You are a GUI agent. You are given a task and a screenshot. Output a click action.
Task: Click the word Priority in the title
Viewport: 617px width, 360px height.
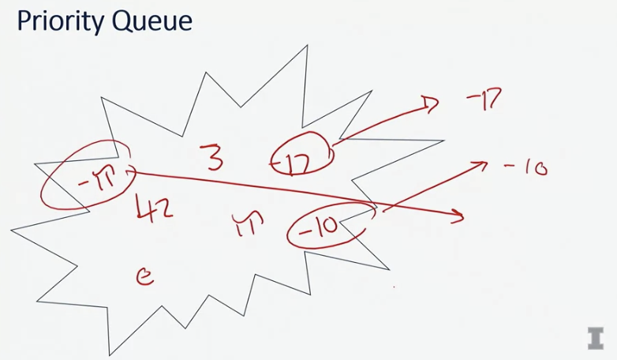point(67,21)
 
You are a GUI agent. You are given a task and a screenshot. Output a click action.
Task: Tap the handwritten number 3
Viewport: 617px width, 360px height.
point(211,157)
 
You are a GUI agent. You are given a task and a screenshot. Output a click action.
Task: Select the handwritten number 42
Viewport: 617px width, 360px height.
point(155,208)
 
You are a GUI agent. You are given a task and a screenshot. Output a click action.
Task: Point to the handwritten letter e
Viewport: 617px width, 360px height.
point(144,276)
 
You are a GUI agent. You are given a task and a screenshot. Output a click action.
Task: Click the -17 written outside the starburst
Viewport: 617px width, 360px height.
point(484,100)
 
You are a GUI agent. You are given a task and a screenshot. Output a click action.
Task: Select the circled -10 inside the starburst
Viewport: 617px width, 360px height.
point(325,227)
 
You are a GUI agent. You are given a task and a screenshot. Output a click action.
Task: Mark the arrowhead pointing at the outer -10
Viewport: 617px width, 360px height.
point(481,164)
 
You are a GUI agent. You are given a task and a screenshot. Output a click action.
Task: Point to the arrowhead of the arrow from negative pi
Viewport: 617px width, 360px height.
point(459,215)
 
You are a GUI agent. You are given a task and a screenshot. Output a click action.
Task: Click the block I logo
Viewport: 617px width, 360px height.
point(595,337)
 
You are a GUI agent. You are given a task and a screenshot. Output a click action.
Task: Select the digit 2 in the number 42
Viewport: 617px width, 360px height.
point(164,209)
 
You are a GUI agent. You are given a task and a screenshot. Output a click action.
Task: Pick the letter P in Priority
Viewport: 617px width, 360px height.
point(24,21)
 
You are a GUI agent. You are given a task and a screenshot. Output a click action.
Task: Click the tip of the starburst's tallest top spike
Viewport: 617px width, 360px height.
point(306,46)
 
